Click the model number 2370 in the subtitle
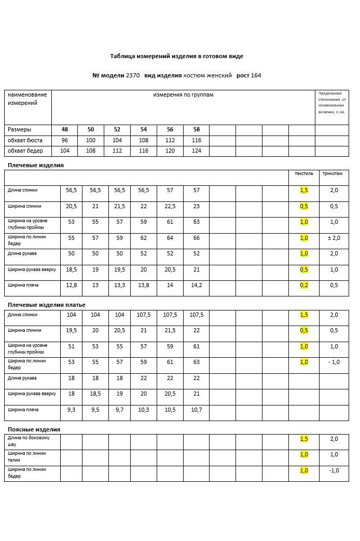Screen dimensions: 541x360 (x=133, y=75)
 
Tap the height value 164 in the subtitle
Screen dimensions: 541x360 (x=256, y=75)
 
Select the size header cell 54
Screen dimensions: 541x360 (x=144, y=129)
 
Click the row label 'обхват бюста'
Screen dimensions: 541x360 (x=25, y=140)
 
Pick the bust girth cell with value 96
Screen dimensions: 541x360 (x=65, y=140)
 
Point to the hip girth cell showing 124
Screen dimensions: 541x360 (x=196, y=151)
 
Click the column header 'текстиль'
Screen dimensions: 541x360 (x=304, y=173)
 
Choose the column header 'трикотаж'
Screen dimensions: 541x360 (x=332, y=173)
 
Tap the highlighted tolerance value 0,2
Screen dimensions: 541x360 (x=304, y=285)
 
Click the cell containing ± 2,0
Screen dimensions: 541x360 (x=334, y=238)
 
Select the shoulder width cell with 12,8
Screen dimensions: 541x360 (x=72, y=285)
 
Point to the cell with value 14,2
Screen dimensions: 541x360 (x=197, y=285)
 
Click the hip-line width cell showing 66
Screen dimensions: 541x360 (x=197, y=238)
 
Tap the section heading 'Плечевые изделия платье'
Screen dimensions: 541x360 (x=47, y=305)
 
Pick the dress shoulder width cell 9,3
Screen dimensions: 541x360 (x=72, y=410)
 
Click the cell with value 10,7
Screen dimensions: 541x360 (x=197, y=410)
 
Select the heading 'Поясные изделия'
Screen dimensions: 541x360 (x=34, y=429)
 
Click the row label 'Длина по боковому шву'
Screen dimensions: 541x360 (x=29, y=441)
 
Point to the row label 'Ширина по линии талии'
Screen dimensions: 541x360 (x=26, y=456)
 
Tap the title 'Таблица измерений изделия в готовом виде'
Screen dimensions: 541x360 (x=176, y=56)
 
